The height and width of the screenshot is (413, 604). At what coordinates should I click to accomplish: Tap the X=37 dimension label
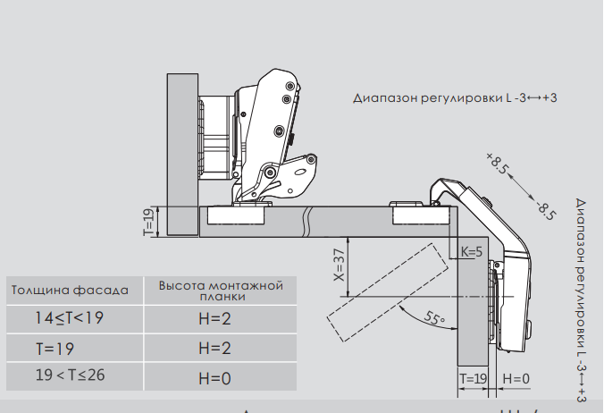point(339,265)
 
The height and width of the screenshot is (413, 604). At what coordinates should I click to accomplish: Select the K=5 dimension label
point(471,251)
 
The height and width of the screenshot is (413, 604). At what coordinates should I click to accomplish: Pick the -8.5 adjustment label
point(546,209)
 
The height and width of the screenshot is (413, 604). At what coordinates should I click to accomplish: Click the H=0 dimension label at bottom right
point(516,379)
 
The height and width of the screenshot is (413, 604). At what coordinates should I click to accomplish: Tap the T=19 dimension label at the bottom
point(473,379)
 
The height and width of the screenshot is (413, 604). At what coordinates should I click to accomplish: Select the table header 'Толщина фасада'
point(70,290)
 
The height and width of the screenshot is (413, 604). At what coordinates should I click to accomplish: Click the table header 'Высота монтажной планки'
point(221,291)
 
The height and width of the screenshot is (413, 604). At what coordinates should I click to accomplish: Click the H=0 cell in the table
point(215,378)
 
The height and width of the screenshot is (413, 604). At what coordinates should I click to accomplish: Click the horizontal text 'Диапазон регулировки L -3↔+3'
point(455,97)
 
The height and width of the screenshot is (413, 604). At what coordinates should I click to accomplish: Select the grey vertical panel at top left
point(180,152)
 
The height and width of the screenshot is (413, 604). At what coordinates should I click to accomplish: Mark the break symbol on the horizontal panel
point(307,217)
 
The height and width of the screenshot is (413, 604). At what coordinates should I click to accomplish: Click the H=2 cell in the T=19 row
point(215,348)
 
